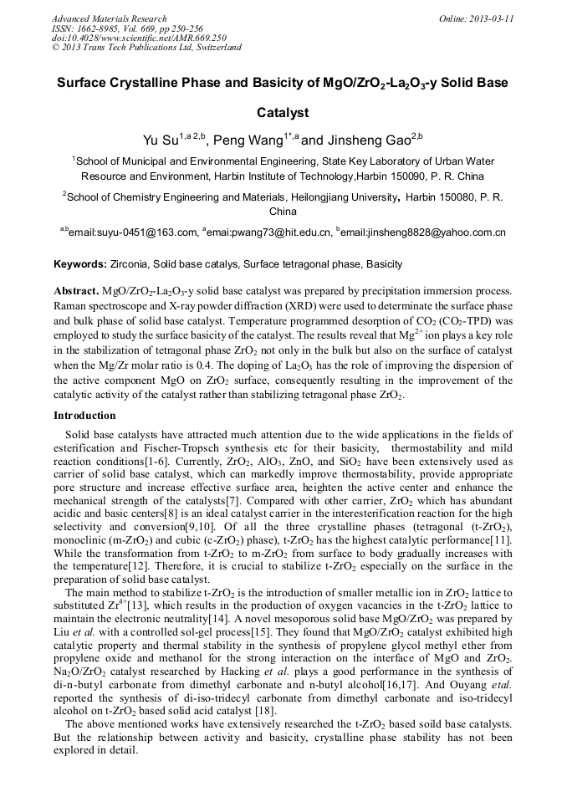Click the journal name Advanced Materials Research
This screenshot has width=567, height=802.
point(109,18)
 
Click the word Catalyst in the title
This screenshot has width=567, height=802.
point(283,111)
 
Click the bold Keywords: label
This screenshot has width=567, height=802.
point(79,264)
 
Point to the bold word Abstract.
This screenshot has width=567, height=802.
point(76,290)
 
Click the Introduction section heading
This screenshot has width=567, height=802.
point(85,416)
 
